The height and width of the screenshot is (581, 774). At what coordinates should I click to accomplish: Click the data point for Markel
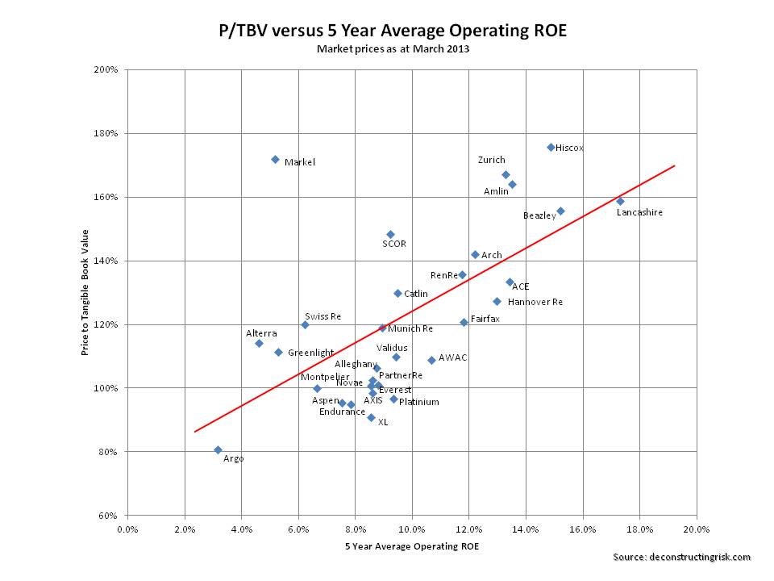tap(275, 160)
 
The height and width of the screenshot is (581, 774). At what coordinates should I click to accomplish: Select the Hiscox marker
tap(551, 147)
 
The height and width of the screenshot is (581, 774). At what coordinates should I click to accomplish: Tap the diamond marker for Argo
tap(218, 450)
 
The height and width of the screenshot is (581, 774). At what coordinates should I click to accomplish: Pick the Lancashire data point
tap(620, 202)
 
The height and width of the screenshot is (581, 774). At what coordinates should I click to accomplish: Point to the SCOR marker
tap(390, 235)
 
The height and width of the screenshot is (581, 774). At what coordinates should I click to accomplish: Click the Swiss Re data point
tap(305, 324)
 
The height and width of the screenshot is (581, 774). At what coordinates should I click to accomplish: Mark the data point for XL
tap(371, 418)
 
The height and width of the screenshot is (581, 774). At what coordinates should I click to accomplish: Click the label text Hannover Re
tap(535, 302)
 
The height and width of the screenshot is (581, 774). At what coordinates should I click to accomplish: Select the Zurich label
tap(491, 161)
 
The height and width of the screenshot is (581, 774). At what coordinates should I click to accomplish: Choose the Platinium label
tap(419, 401)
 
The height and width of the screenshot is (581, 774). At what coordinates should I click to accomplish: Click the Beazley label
tap(539, 215)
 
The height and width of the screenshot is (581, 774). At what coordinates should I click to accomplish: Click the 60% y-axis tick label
tap(110, 516)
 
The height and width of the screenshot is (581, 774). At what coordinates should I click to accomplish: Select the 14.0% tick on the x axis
tap(526, 529)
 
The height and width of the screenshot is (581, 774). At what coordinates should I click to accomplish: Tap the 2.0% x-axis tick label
tap(185, 529)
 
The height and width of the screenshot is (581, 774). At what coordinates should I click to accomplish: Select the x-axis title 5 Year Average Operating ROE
tap(410, 546)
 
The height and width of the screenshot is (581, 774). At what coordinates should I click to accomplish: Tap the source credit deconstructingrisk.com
tap(681, 557)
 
